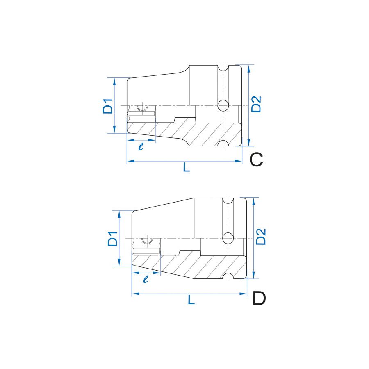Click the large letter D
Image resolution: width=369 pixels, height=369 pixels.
259,298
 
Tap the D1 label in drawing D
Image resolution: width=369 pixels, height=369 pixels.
113,239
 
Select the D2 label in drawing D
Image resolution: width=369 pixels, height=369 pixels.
261,237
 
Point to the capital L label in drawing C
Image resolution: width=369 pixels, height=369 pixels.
187,167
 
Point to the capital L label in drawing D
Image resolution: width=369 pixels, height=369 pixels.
191,300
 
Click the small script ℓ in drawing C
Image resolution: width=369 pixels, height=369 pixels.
141,146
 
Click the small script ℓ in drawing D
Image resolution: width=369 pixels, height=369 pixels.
146,279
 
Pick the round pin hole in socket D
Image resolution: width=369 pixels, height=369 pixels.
228,237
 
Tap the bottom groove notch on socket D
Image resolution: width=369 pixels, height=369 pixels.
228,276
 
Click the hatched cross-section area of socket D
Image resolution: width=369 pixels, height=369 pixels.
201,264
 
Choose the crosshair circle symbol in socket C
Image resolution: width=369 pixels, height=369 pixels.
143,107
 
